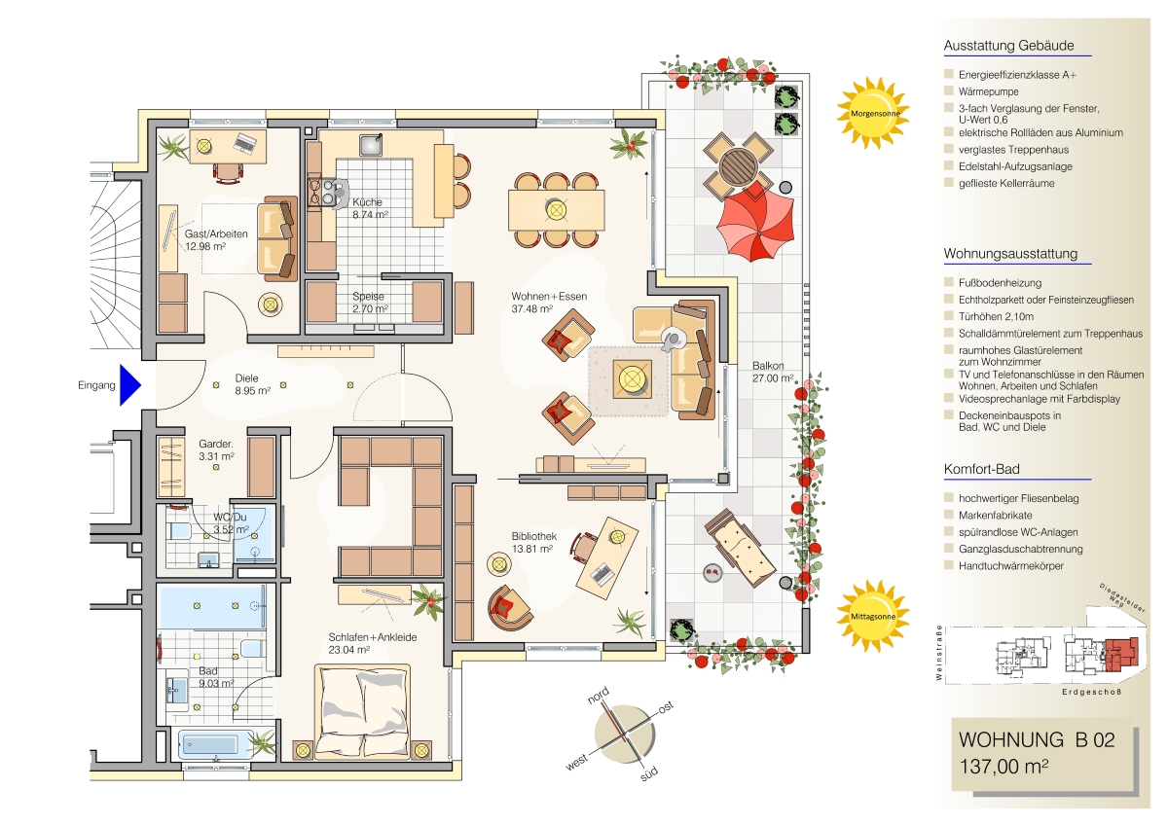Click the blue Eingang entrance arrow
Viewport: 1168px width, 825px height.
(129, 385)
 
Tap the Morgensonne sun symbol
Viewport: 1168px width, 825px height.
(874, 113)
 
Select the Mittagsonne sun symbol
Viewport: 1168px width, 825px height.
(873, 616)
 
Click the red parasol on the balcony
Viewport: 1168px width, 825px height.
(755, 223)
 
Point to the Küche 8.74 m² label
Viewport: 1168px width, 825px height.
(370, 208)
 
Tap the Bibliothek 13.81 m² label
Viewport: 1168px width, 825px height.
(533, 542)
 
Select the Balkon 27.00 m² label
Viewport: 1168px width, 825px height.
(773, 372)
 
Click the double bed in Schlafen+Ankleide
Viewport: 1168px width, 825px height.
(362, 712)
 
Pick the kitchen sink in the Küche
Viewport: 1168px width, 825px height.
(370, 144)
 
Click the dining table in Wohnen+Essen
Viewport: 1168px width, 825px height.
(557, 210)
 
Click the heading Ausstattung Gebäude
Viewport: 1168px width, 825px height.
(1008, 46)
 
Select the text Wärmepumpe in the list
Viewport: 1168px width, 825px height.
(988, 91)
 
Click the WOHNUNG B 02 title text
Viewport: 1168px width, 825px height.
(1037, 739)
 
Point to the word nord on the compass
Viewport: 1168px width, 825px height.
(598, 695)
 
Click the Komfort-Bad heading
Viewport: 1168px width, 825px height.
(981, 469)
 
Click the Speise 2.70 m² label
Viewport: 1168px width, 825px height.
(370, 303)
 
